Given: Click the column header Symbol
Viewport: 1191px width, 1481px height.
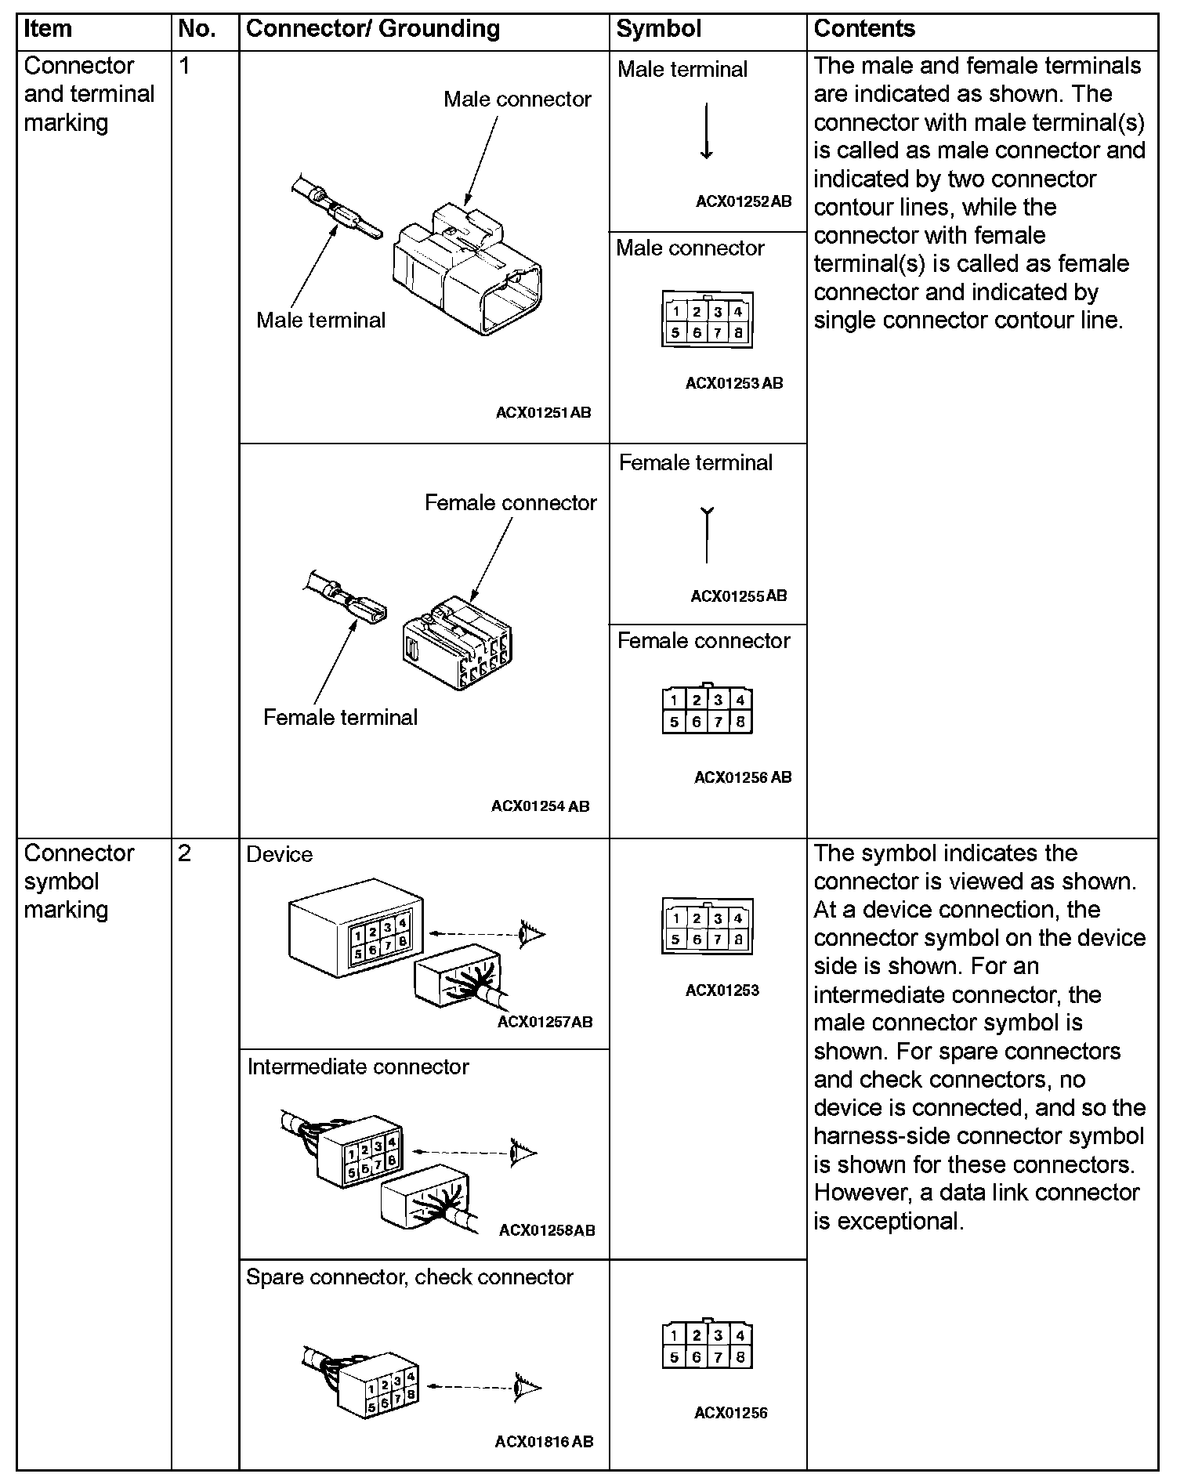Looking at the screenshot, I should (x=658, y=29).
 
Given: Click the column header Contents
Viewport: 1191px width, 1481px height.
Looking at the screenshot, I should (x=864, y=29).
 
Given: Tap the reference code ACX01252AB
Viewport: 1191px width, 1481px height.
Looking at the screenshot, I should (x=744, y=201).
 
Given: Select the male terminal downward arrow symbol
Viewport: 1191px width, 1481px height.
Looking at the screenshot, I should (x=706, y=132).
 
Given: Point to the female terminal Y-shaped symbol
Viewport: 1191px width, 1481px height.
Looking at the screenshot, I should (x=707, y=535).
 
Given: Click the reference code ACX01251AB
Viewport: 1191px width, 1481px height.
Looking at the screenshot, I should (x=543, y=412).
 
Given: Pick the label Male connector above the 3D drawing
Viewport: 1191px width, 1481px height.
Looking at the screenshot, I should (x=517, y=100).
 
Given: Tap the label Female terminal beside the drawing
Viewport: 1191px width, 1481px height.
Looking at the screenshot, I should (x=340, y=717).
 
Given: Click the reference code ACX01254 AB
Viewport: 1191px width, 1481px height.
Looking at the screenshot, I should (x=540, y=806).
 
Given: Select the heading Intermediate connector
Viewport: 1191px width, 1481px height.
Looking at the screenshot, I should (x=358, y=1066).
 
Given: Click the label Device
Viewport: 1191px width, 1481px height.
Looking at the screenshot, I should (x=279, y=854).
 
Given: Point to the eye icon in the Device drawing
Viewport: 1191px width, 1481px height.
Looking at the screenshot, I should (x=531, y=933).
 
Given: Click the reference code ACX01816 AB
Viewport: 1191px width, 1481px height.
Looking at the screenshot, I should (x=544, y=1441).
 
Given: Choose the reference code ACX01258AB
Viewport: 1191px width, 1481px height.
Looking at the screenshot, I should (x=547, y=1229).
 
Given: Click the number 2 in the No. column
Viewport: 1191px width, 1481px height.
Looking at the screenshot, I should (x=184, y=853).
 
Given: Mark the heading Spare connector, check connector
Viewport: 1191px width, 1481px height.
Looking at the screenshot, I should (x=409, y=1276).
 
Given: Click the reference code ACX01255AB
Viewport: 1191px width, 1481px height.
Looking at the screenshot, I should (x=738, y=596).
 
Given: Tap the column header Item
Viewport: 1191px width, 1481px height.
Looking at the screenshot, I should (x=48, y=29).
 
